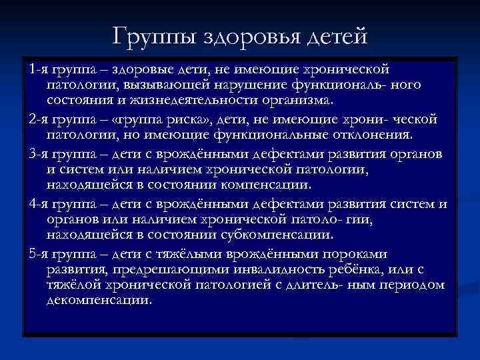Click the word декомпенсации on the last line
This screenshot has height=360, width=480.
[99, 301]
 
